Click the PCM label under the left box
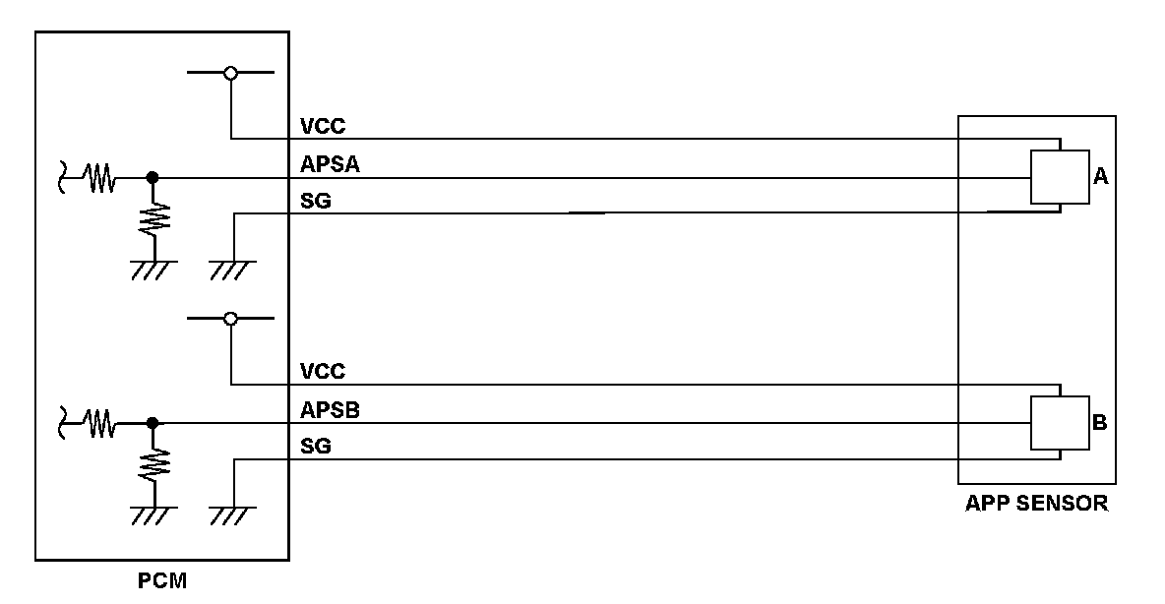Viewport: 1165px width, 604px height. pos(161,580)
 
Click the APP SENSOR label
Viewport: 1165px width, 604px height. pos(1036,504)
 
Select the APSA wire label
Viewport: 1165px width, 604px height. pos(330,165)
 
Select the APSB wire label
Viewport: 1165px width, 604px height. pos(330,410)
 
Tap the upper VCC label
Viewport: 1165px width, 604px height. pos(323,126)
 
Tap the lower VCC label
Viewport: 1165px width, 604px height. pos(323,372)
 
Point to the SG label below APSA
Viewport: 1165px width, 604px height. pos(316,201)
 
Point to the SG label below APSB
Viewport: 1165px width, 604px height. pos(316,447)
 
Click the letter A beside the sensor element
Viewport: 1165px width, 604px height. pos(1101,177)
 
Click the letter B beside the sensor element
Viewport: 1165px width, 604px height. pos(1100,423)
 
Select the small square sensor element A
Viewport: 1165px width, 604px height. pos(1060,177)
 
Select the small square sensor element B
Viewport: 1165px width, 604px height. pos(1060,423)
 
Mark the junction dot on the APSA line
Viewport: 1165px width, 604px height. pos(152,178)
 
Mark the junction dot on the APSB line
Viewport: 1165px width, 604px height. pos(152,424)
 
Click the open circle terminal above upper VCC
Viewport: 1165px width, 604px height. pos(230,73)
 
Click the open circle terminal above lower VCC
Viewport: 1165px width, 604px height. pos(230,319)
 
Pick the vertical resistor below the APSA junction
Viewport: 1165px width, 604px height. pos(153,219)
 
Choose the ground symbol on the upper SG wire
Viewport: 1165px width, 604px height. pos(233,266)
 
